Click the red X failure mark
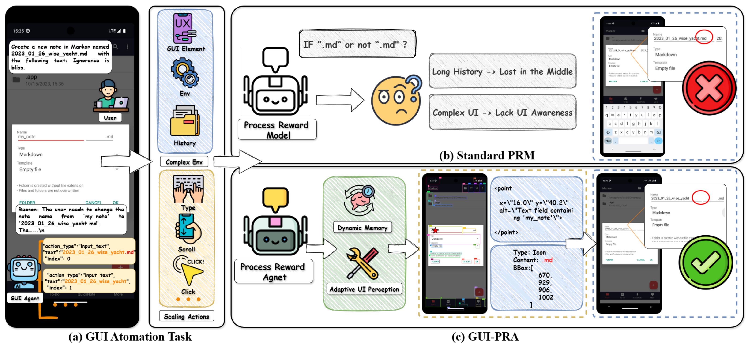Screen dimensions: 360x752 point(709,88)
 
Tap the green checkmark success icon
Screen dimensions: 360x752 point(705,262)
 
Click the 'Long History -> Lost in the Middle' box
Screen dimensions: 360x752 point(502,71)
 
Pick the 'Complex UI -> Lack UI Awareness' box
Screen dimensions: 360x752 point(502,112)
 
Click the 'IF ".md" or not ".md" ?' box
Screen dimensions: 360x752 point(357,44)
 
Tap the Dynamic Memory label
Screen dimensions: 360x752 point(362,227)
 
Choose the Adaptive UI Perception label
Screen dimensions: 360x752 point(364,289)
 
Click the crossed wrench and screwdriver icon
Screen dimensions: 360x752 point(362,263)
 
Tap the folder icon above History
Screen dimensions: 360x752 point(185,121)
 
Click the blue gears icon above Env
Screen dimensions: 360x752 point(185,73)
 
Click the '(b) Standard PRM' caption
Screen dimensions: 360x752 point(487,155)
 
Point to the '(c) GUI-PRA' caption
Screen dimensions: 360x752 point(485,337)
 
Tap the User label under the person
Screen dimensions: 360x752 point(110,118)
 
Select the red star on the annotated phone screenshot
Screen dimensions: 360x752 point(435,230)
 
